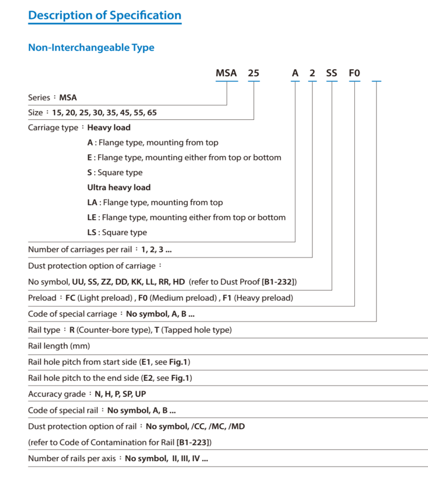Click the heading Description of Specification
pos(105,15)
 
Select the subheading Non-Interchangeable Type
pos(91,47)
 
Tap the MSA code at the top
pos(226,73)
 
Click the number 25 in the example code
pos(254,73)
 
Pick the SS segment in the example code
pos(332,73)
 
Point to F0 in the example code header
pos(354,73)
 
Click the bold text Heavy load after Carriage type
pos(109,127)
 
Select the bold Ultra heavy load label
pos(119,187)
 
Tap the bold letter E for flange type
pos(90,157)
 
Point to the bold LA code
pos(93,202)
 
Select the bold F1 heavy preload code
pos(227,298)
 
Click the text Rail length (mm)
pos(59,346)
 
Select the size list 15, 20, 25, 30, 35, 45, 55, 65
pos(104,113)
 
